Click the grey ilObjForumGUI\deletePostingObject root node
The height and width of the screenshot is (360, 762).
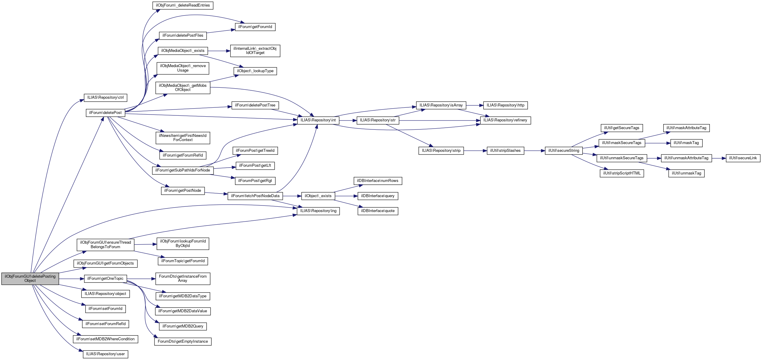point(30,279)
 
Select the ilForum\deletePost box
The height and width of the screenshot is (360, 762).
point(105,113)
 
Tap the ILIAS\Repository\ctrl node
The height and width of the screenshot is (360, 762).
point(106,98)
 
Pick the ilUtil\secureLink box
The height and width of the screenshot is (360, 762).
point(743,158)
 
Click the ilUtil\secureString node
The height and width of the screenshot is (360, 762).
point(564,151)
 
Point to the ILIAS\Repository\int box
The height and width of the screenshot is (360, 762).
point(318,120)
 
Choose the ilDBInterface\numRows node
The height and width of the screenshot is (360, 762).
point(378,181)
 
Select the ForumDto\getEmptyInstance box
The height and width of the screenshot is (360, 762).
point(183,342)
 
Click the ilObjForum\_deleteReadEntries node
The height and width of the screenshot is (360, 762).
point(183,5)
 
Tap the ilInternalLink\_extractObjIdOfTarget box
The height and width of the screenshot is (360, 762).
point(255,51)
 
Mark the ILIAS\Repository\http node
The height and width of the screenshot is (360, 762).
point(506,105)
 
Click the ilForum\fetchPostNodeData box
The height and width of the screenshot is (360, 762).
point(255,196)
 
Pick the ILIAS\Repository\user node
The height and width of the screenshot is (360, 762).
point(106,354)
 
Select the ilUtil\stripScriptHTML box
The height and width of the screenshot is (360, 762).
point(622,173)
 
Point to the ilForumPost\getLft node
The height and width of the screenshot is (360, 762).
point(255,166)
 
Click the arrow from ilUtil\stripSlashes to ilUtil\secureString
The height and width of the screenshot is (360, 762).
point(534,151)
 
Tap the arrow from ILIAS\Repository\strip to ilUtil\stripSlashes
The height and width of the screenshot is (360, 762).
point(475,151)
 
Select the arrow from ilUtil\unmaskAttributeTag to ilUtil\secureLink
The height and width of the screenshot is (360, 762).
point(719,158)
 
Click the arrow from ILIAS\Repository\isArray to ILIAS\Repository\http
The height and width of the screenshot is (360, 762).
point(474,105)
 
